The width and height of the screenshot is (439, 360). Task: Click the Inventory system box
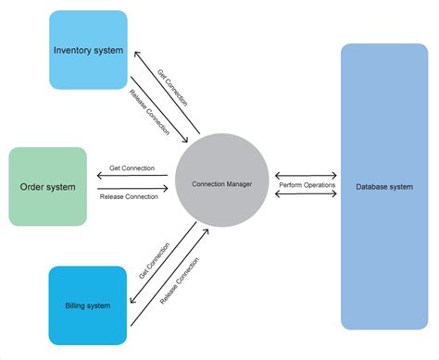(88, 50)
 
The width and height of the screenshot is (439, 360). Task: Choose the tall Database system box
(383, 186)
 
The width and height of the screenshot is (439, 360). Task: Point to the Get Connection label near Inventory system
(174, 88)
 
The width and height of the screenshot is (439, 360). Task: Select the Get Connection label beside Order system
(132, 168)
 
